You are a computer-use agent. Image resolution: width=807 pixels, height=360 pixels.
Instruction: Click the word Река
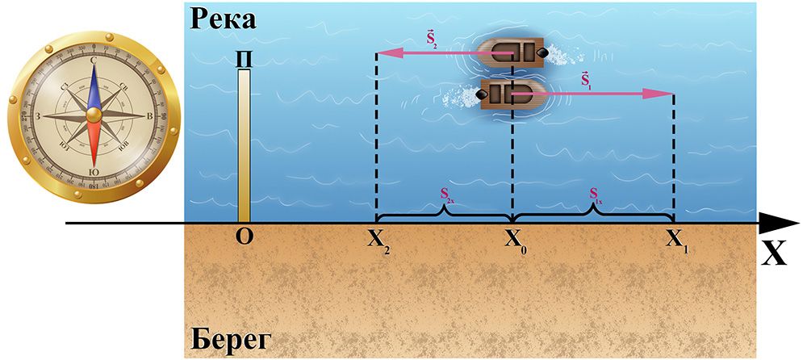pyautogui.click(x=222, y=19)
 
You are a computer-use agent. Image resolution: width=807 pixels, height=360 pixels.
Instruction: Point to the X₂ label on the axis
pyautogui.click(x=378, y=240)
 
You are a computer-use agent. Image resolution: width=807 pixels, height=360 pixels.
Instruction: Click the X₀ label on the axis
pyautogui.click(x=514, y=240)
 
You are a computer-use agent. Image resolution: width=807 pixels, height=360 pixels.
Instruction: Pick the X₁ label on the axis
pyautogui.click(x=675, y=240)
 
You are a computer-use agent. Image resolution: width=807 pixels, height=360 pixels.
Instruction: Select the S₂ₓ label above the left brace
pyautogui.click(x=445, y=195)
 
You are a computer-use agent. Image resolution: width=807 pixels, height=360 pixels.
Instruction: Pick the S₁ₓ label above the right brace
pyautogui.click(x=595, y=195)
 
